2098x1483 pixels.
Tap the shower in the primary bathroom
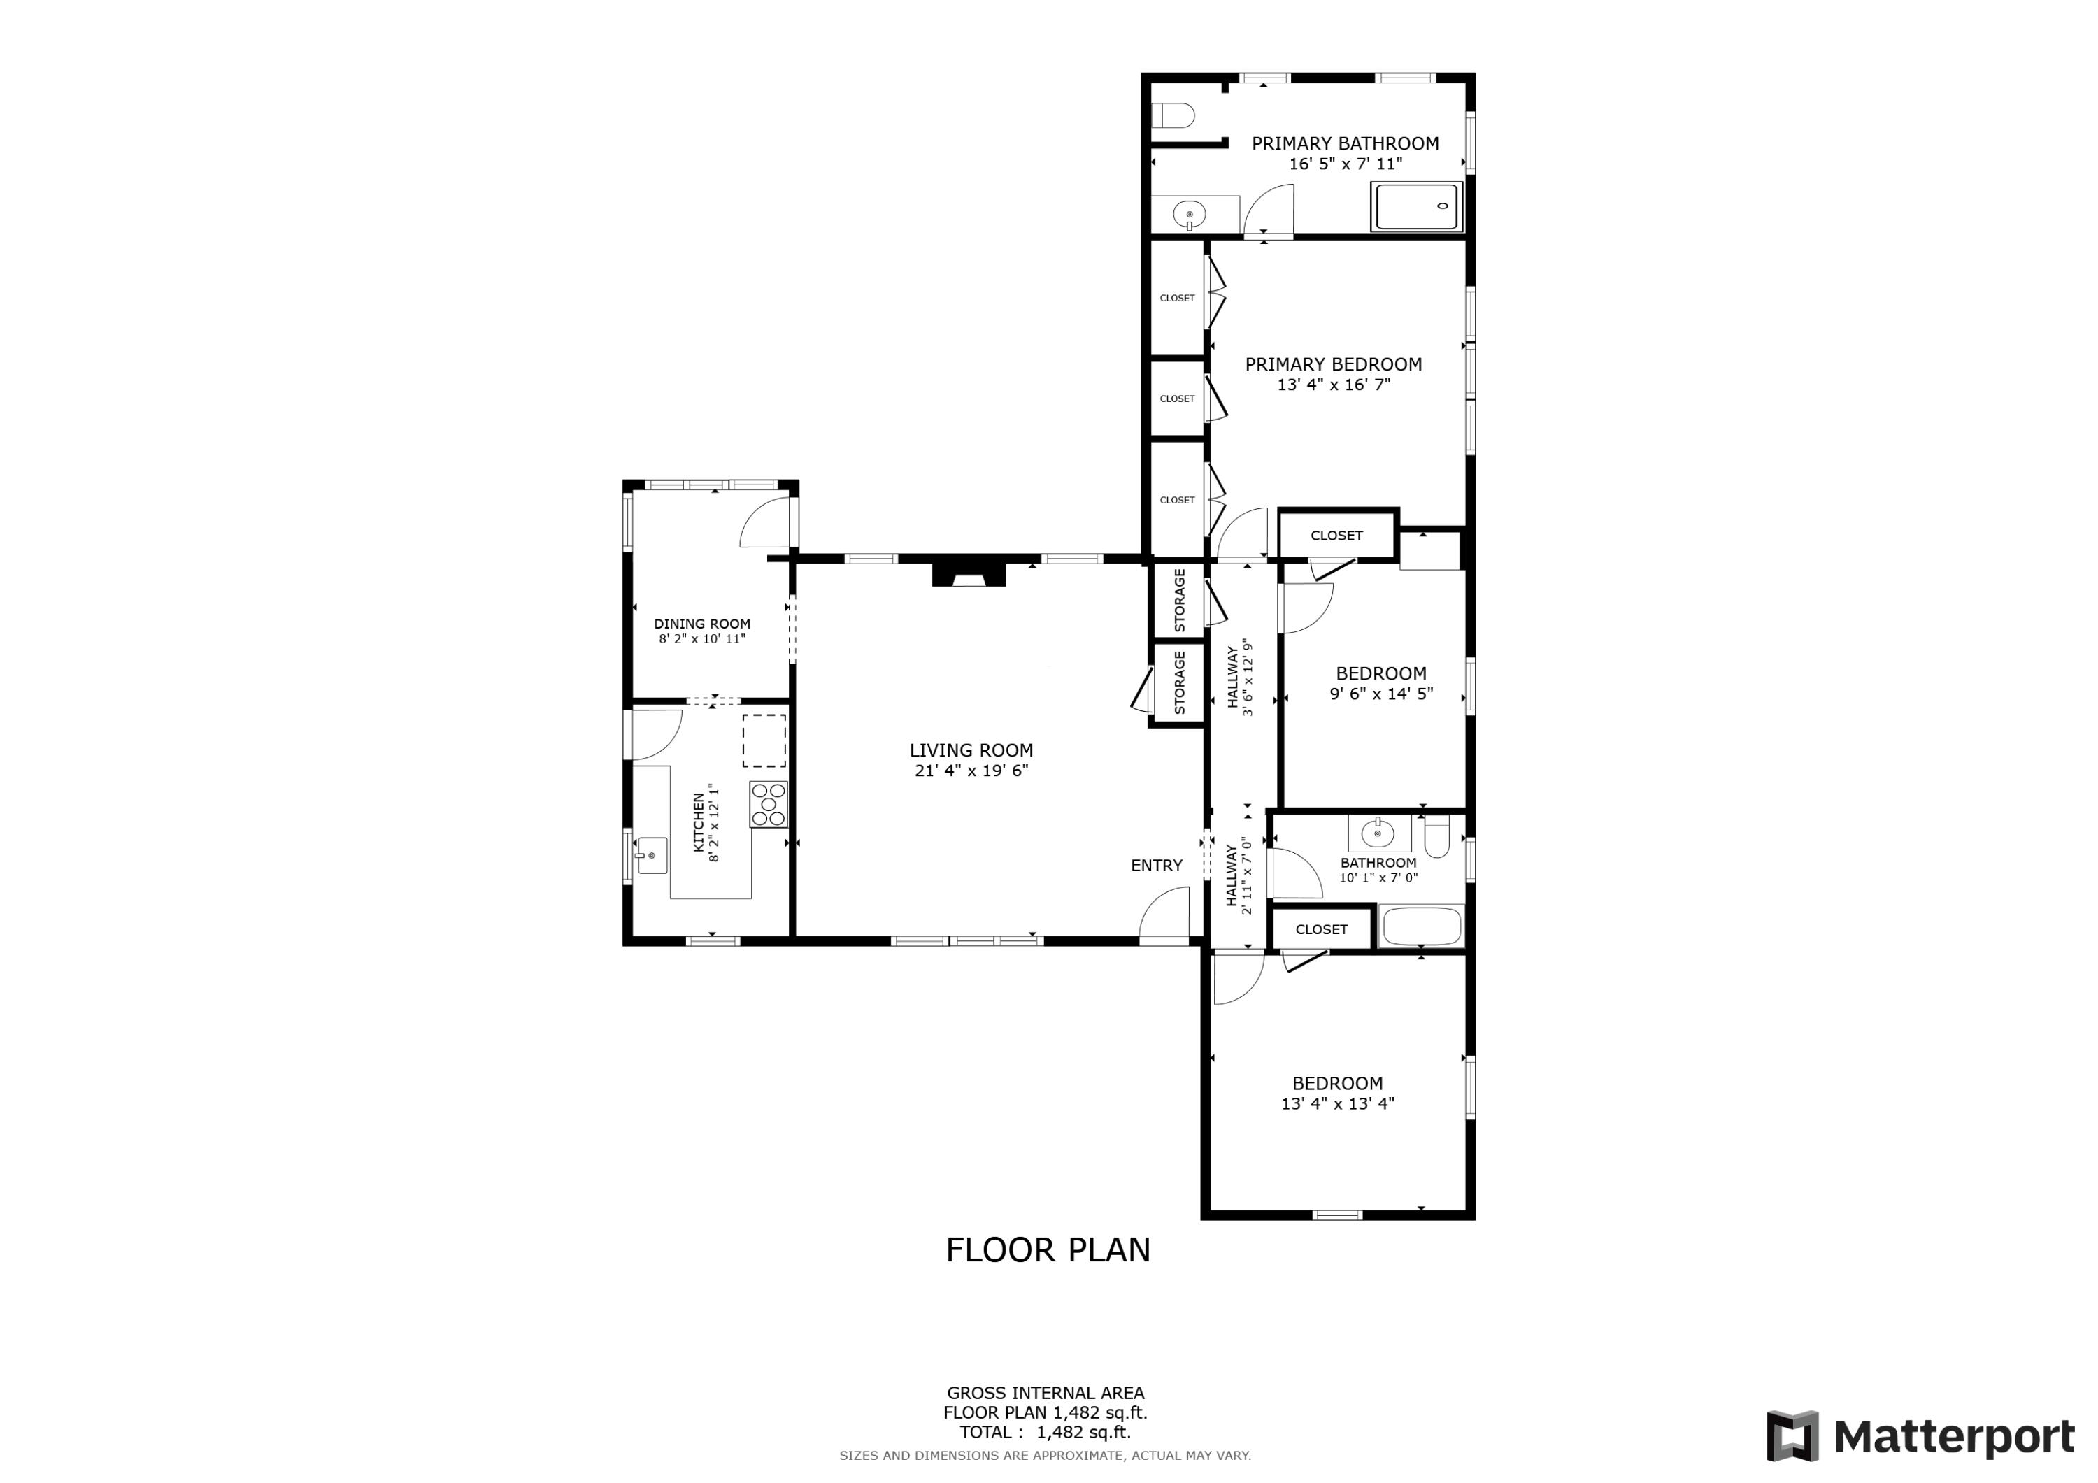click(1415, 206)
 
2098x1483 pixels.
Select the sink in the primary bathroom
click(1189, 215)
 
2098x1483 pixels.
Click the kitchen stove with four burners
click(769, 804)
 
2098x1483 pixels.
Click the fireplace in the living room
click(969, 575)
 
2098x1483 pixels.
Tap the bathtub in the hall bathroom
click(1421, 926)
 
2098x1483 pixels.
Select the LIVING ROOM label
click(971, 750)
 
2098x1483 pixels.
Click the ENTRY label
click(1156, 866)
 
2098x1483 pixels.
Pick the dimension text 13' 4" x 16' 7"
click(1333, 385)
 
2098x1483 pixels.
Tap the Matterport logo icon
click(1792, 1436)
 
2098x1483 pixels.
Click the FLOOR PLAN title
click(1047, 1250)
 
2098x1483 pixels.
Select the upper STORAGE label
click(1179, 601)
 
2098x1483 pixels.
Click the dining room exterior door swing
click(766, 524)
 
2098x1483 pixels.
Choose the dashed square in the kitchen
click(764, 740)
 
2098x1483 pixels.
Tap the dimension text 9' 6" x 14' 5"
click(1380, 694)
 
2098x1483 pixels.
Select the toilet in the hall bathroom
click(1436, 837)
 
